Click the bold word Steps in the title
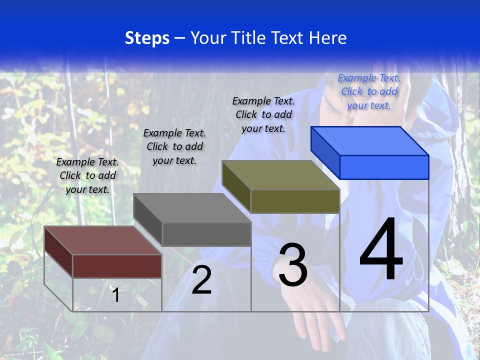click(x=147, y=38)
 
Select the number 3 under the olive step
click(x=293, y=264)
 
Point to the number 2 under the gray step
click(x=201, y=280)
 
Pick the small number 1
click(x=116, y=295)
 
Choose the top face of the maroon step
click(x=103, y=240)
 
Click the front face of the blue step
click(x=384, y=167)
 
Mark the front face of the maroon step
click(x=117, y=266)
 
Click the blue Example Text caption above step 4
click(x=369, y=91)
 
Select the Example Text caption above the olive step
click(x=263, y=114)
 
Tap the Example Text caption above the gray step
click(x=174, y=146)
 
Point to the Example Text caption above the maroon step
click(x=87, y=175)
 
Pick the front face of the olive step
click(x=295, y=201)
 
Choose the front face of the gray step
click(x=206, y=234)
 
